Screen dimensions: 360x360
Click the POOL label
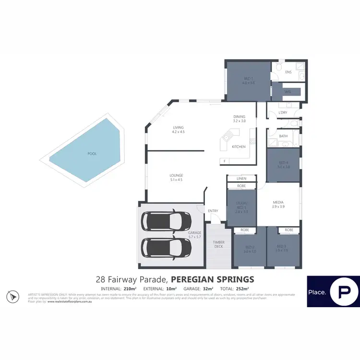(x=92, y=154)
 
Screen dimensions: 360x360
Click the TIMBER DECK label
(x=219, y=244)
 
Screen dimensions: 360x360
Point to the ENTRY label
(x=213, y=211)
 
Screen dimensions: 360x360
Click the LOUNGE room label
(x=176, y=175)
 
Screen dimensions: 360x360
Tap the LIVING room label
(x=179, y=127)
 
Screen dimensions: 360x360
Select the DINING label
(x=239, y=117)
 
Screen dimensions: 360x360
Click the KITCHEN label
(x=239, y=146)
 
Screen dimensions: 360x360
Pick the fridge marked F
(x=224, y=161)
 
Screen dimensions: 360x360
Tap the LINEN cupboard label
(x=241, y=179)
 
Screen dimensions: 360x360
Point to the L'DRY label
(x=283, y=113)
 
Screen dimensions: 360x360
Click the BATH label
(x=283, y=136)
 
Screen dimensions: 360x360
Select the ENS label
(x=288, y=72)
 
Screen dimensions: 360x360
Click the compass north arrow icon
(x=12, y=296)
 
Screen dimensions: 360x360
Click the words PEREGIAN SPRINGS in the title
(x=213, y=279)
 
